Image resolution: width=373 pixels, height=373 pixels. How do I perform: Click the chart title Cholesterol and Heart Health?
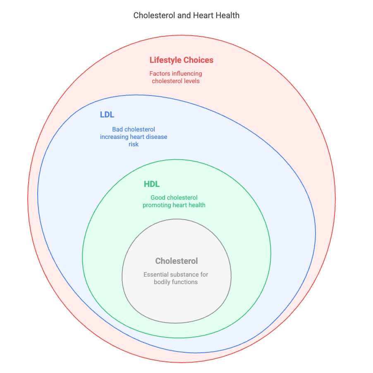click(x=186, y=16)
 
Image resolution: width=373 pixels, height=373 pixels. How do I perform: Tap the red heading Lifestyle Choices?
click(x=182, y=60)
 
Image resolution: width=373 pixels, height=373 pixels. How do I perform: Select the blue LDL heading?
click(x=107, y=115)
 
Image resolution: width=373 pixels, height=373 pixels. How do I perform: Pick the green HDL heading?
click(x=152, y=184)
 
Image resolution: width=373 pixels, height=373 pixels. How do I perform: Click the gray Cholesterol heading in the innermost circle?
click(x=177, y=261)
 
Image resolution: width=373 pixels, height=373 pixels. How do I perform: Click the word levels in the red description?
click(x=191, y=81)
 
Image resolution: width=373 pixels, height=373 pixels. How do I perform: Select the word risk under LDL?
click(x=134, y=144)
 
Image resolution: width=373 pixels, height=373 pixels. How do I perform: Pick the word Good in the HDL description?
click(x=158, y=198)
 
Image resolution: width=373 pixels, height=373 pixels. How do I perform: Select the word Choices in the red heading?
click(x=197, y=60)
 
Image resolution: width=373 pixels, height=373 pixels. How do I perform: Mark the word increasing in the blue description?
click(x=114, y=137)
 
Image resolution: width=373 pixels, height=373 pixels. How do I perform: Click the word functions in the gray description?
click(x=185, y=282)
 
